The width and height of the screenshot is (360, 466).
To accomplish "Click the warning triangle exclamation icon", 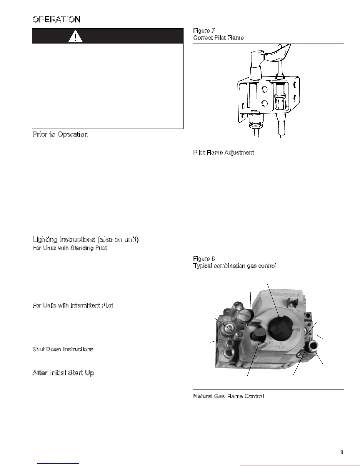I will [75, 36].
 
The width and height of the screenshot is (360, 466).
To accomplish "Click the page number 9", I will [342, 452].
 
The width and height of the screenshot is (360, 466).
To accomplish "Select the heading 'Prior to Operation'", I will [60, 134].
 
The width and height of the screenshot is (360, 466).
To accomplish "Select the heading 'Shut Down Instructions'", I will [63, 349].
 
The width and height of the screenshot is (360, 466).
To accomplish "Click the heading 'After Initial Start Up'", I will [63, 373].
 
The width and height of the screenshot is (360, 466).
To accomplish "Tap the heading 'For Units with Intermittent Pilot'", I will [73, 305].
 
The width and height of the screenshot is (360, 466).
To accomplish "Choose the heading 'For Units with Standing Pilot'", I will [70, 248].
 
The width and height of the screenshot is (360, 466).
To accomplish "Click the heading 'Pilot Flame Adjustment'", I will [224, 152].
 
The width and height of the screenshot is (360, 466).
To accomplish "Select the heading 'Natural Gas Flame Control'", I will [229, 396].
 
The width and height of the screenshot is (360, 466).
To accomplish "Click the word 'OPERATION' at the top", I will [56, 19].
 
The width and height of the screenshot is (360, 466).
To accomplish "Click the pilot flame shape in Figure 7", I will [278, 53].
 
